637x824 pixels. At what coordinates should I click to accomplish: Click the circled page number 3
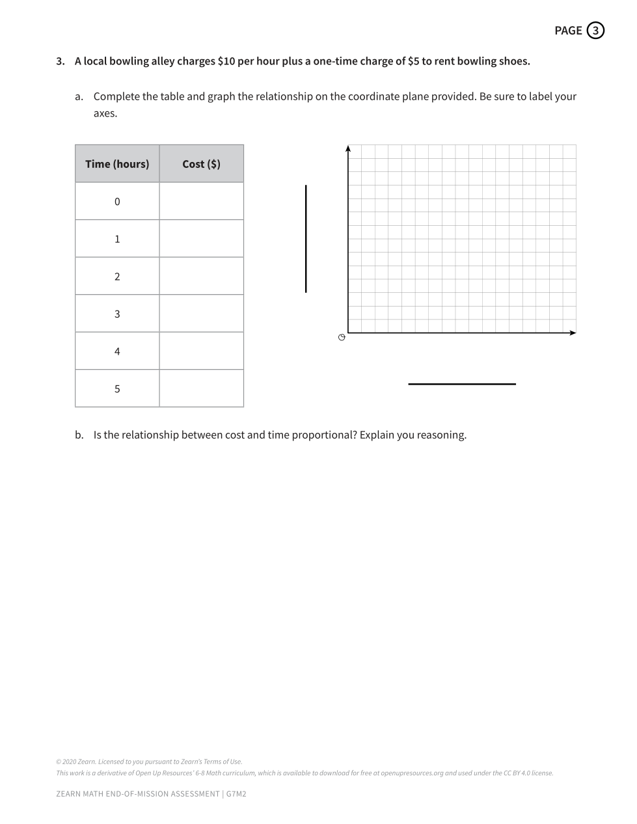click(x=595, y=31)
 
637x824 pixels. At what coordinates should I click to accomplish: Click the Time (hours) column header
click(x=117, y=164)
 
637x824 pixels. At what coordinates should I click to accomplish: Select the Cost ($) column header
click(x=201, y=164)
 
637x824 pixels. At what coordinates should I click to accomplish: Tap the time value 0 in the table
click(x=117, y=202)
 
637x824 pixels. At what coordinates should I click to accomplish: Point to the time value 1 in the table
click(x=117, y=239)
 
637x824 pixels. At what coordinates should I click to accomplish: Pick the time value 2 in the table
click(x=117, y=277)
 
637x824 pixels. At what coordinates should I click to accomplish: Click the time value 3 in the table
click(x=117, y=314)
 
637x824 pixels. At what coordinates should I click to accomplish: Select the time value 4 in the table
click(x=117, y=351)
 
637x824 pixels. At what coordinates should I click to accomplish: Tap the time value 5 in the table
click(x=117, y=389)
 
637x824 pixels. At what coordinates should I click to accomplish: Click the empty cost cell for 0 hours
click(x=201, y=201)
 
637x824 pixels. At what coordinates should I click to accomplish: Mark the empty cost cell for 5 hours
click(x=201, y=389)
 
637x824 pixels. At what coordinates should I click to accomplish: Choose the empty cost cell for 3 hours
click(x=201, y=314)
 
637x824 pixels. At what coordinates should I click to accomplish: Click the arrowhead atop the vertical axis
click(x=348, y=148)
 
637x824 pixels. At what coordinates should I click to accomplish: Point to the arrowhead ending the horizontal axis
click(x=573, y=333)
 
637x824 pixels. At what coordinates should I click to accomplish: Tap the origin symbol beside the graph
click(x=341, y=337)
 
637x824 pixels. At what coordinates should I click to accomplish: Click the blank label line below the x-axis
click(x=461, y=384)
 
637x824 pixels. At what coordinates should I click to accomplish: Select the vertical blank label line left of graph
click(x=306, y=239)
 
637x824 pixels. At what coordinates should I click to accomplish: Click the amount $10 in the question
click(x=226, y=61)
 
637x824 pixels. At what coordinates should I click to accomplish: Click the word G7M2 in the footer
click(x=236, y=794)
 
